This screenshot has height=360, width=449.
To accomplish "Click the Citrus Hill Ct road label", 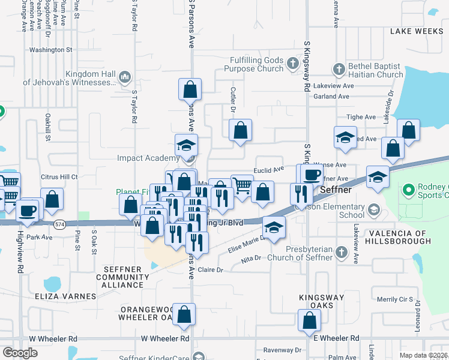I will point(59,177).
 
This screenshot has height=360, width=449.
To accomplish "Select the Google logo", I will point(20,352).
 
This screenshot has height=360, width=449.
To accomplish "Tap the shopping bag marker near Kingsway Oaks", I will point(309,320).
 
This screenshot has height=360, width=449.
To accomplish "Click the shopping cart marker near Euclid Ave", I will point(241,186).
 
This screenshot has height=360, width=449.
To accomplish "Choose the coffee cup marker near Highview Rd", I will point(28,210).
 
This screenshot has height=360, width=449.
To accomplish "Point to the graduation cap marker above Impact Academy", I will point(186,145).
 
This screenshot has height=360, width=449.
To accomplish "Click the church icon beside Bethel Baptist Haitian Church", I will point(339,67).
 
